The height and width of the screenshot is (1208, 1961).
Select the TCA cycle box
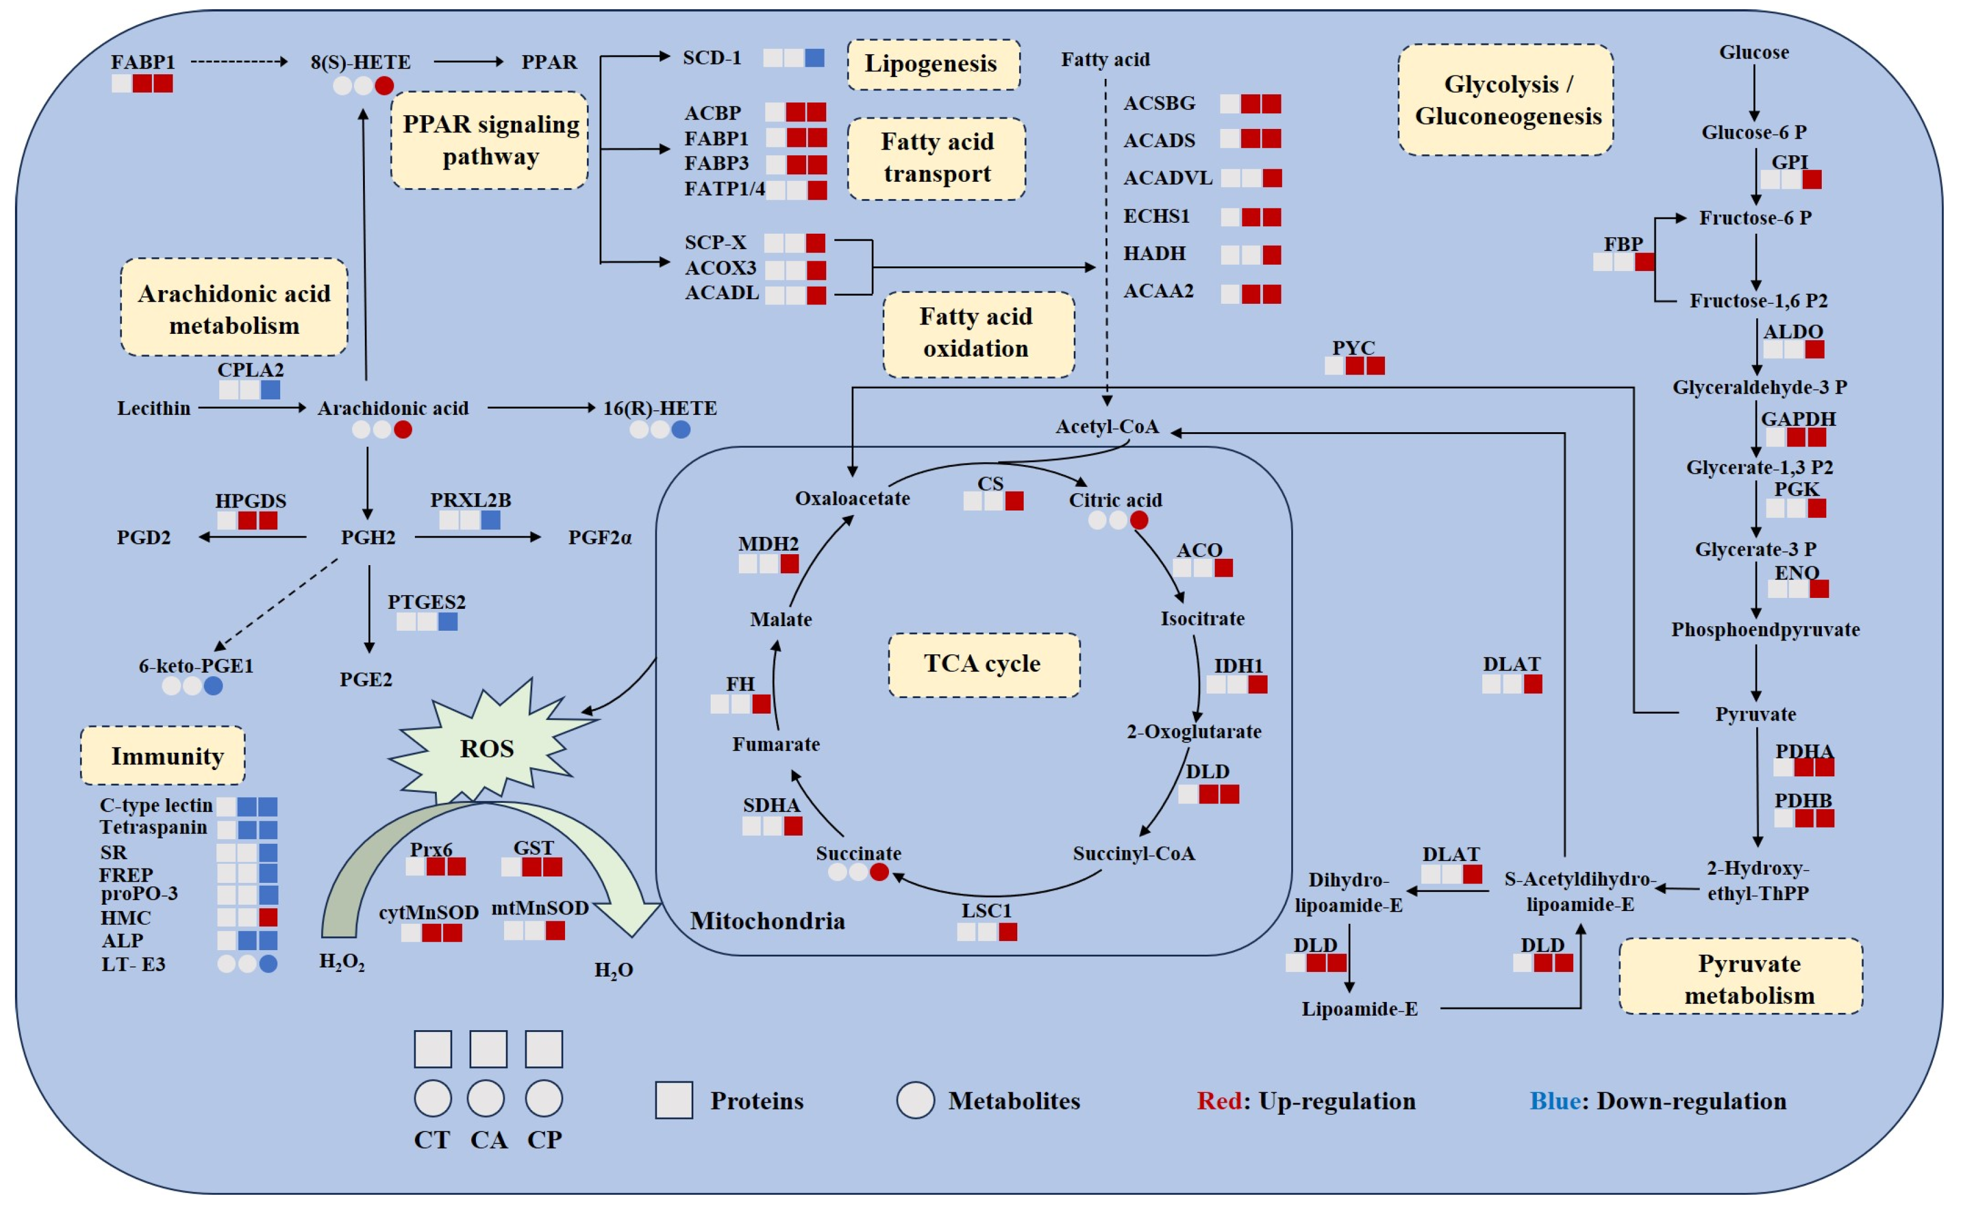point(983,664)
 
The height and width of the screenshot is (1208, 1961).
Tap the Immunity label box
point(163,755)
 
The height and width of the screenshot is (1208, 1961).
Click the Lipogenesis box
point(933,64)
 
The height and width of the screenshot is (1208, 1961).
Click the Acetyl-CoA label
point(1107,426)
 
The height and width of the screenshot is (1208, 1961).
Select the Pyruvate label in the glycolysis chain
point(1755,714)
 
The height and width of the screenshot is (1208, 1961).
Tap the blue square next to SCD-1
point(814,58)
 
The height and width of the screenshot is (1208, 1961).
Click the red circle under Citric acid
point(1139,520)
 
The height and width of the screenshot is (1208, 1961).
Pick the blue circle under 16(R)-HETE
point(681,430)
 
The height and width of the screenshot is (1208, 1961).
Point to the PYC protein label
point(1353,348)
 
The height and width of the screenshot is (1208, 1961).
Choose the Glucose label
point(1753,53)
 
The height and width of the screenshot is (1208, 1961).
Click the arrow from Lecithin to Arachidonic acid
point(251,408)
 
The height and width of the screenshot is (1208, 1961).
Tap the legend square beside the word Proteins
point(673,1100)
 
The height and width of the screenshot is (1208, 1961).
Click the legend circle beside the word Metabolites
point(915,1100)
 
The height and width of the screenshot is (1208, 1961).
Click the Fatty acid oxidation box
point(978,333)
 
